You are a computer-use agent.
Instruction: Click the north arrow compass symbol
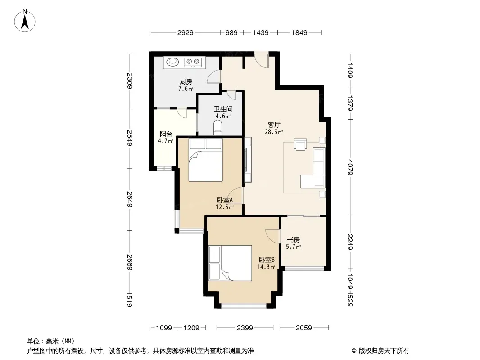pos(25,21)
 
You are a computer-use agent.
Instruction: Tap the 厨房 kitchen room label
pos(186,81)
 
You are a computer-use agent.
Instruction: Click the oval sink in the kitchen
pos(172,62)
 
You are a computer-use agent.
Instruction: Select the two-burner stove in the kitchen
pos(193,63)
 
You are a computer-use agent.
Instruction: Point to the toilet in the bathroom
pos(217,127)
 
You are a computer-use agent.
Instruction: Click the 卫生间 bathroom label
pos(223,109)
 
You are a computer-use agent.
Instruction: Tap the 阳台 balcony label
pos(166,134)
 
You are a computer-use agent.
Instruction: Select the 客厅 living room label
pos(274,125)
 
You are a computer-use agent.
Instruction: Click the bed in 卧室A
pos(205,160)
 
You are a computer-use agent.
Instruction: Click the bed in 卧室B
pos(230,263)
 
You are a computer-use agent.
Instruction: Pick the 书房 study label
pos(293,240)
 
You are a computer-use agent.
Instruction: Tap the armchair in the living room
pos(300,144)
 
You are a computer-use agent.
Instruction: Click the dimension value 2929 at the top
pos(185,33)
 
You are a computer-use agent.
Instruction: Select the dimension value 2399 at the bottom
pos(245,328)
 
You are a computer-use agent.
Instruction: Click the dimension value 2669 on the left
pos(130,262)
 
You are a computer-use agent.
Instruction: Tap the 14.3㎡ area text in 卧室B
pos(266,267)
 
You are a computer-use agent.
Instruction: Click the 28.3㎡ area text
pos(274,132)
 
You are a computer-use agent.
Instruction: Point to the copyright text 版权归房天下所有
pos(384,351)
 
